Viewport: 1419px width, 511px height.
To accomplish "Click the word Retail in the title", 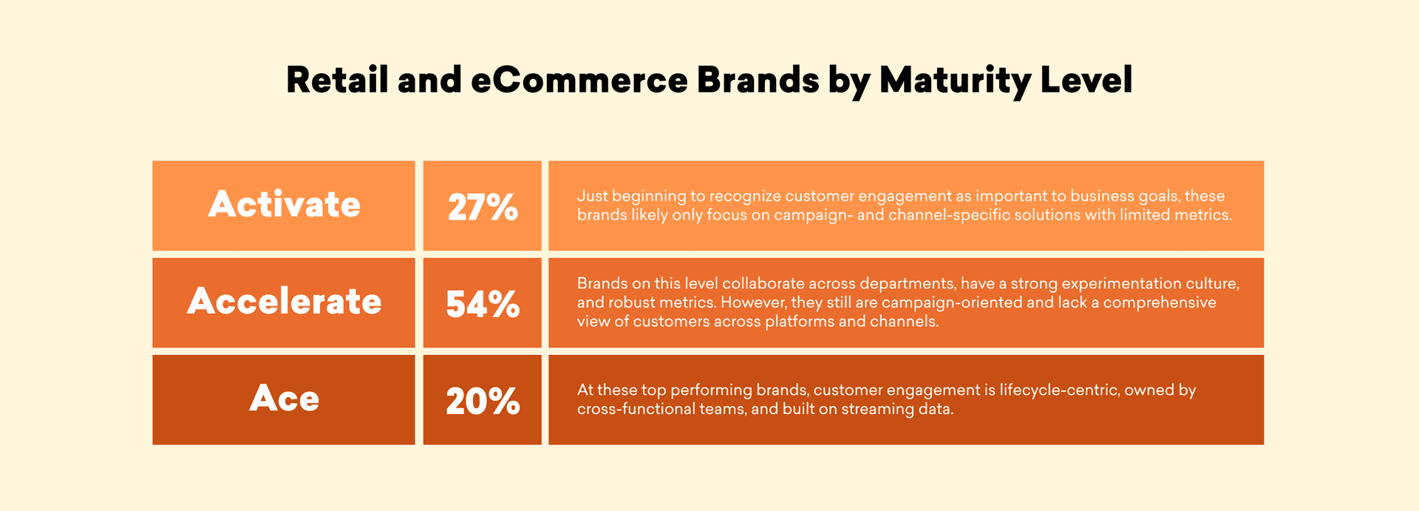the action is pyautogui.click(x=337, y=80).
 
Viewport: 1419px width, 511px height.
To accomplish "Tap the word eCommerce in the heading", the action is pyautogui.click(x=579, y=80).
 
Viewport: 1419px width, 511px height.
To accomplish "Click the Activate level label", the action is pyautogui.click(x=285, y=204).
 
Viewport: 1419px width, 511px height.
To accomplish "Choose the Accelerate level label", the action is pyautogui.click(x=285, y=301).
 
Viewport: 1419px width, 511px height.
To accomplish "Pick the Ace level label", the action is pyautogui.click(x=285, y=399).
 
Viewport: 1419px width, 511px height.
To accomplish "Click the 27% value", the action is pyautogui.click(x=483, y=207).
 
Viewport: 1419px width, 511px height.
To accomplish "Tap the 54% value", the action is pyautogui.click(x=483, y=304).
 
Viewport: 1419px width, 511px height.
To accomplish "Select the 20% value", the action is pyautogui.click(x=483, y=402).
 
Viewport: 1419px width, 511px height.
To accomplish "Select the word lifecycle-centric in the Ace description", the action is pyautogui.click(x=1059, y=390).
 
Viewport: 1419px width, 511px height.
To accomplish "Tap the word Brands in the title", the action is pyautogui.click(x=758, y=80).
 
